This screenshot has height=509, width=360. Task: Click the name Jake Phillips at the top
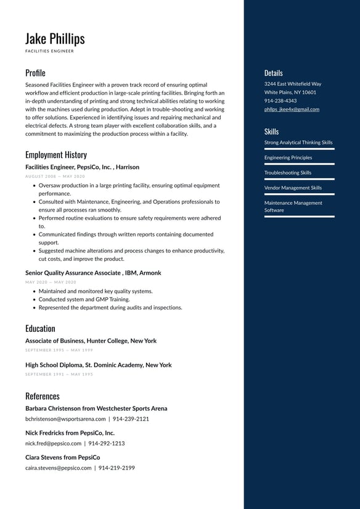[x=55, y=38]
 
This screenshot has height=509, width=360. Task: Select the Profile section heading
[x=35, y=73]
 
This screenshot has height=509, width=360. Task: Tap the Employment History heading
[x=56, y=155]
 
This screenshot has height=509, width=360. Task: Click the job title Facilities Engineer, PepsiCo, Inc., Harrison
[x=82, y=167]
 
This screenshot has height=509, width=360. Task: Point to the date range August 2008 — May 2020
[x=55, y=176]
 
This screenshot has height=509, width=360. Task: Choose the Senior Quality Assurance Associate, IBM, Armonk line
[x=93, y=273]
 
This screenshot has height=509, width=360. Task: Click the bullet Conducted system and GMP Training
[x=84, y=299]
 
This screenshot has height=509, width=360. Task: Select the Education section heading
[x=40, y=328]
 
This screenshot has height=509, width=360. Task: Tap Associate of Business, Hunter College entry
[x=91, y=341]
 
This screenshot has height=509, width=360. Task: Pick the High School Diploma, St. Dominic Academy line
[x=98, y=365]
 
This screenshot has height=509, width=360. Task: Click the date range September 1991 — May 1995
[x=59, y=375]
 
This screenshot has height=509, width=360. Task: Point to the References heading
[x=43, y=396]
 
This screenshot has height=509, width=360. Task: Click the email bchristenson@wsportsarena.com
[x=65, y=419]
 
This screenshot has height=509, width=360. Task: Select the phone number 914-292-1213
[x=106, y=444]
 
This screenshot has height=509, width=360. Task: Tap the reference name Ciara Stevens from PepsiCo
[x=62, y=458]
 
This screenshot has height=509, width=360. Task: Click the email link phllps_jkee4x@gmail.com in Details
[x=292, y=109]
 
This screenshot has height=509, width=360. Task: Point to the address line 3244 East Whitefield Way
[x=293, y=84]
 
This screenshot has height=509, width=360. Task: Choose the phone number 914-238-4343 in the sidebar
[x=280, y=101]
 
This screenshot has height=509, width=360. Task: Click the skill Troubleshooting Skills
[x=288, y=173]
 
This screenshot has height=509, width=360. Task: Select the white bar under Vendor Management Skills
[x=300, y=194]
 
